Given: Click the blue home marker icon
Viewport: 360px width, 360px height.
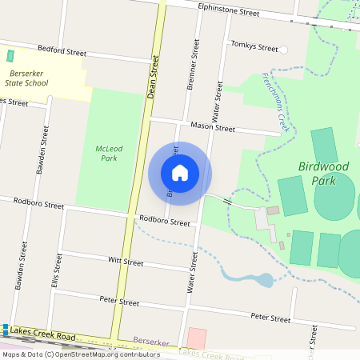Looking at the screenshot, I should (180, 173).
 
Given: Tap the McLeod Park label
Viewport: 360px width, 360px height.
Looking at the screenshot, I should (109, 153).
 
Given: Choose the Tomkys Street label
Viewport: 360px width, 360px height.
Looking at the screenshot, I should (252, 45).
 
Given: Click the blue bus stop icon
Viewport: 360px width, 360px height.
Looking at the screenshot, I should (5, 329).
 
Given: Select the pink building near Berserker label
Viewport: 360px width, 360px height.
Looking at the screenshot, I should (196, 338).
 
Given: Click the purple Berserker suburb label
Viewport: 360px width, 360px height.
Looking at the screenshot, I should (151, 342).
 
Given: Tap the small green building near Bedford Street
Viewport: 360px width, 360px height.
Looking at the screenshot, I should (10, 56).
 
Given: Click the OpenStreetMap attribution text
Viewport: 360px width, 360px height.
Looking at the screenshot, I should (80, 354).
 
